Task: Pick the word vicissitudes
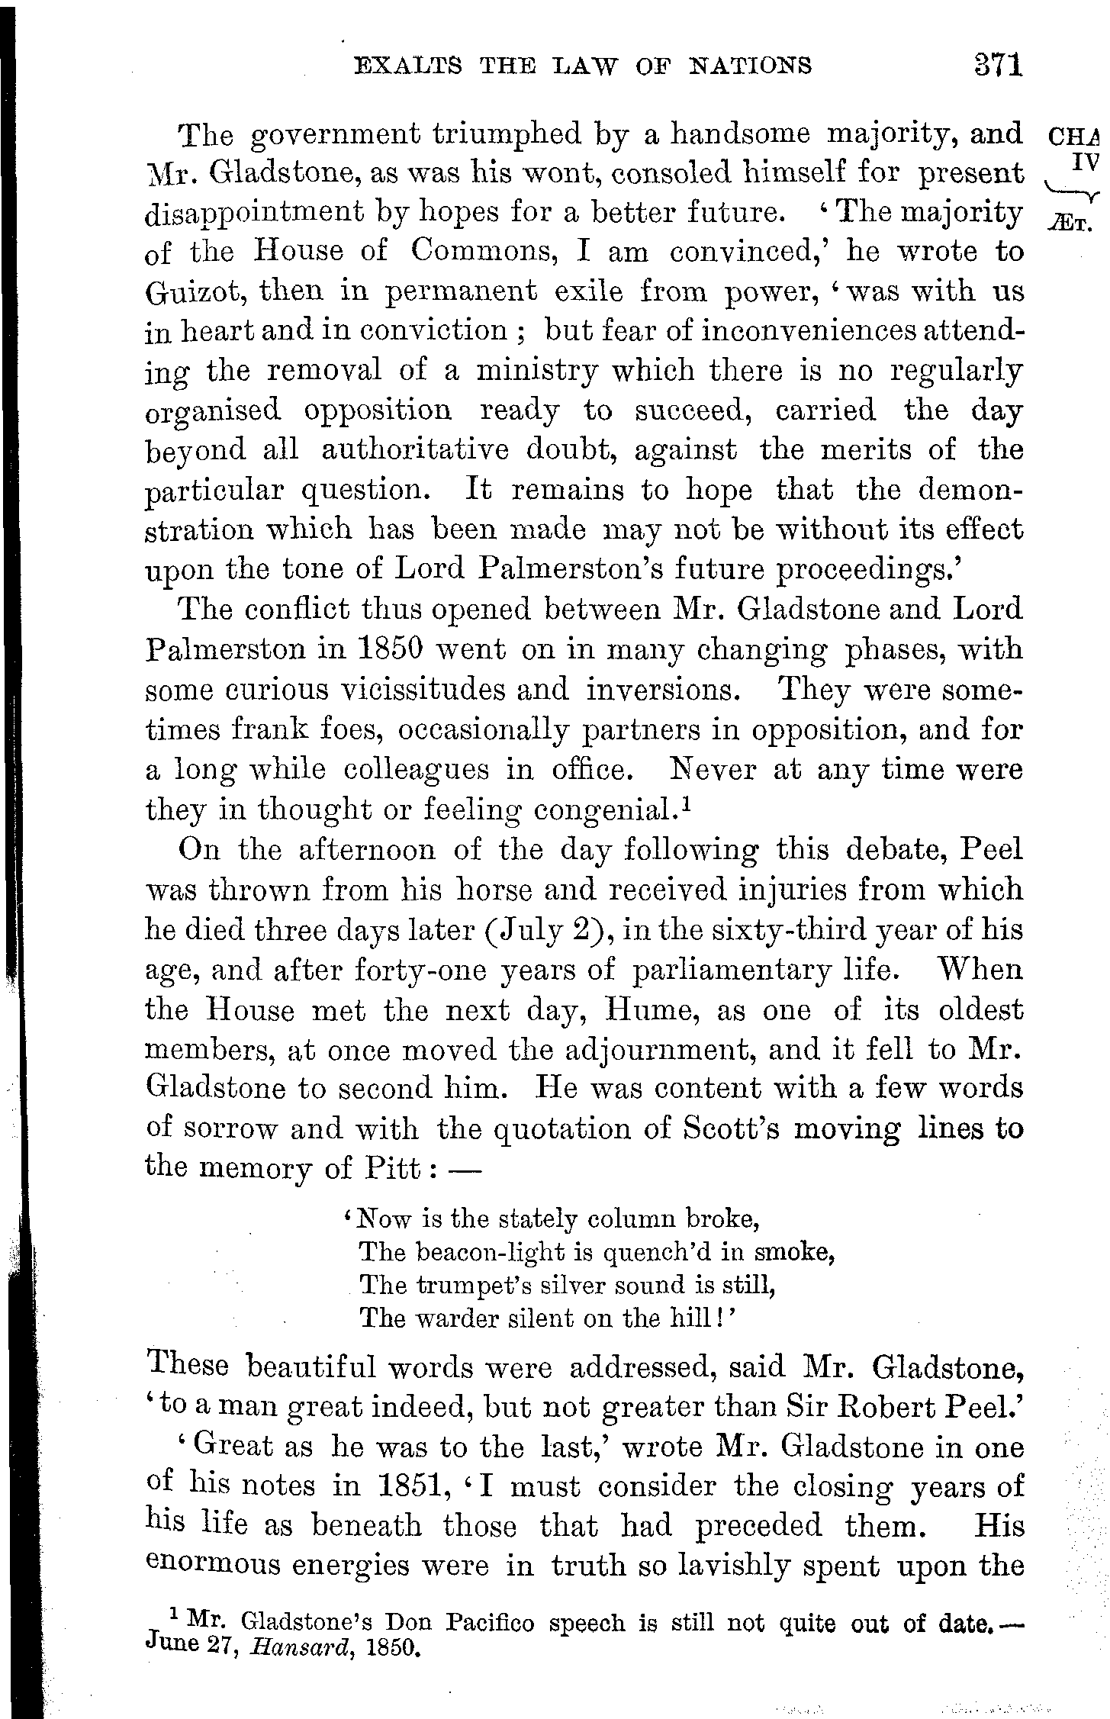417,690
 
